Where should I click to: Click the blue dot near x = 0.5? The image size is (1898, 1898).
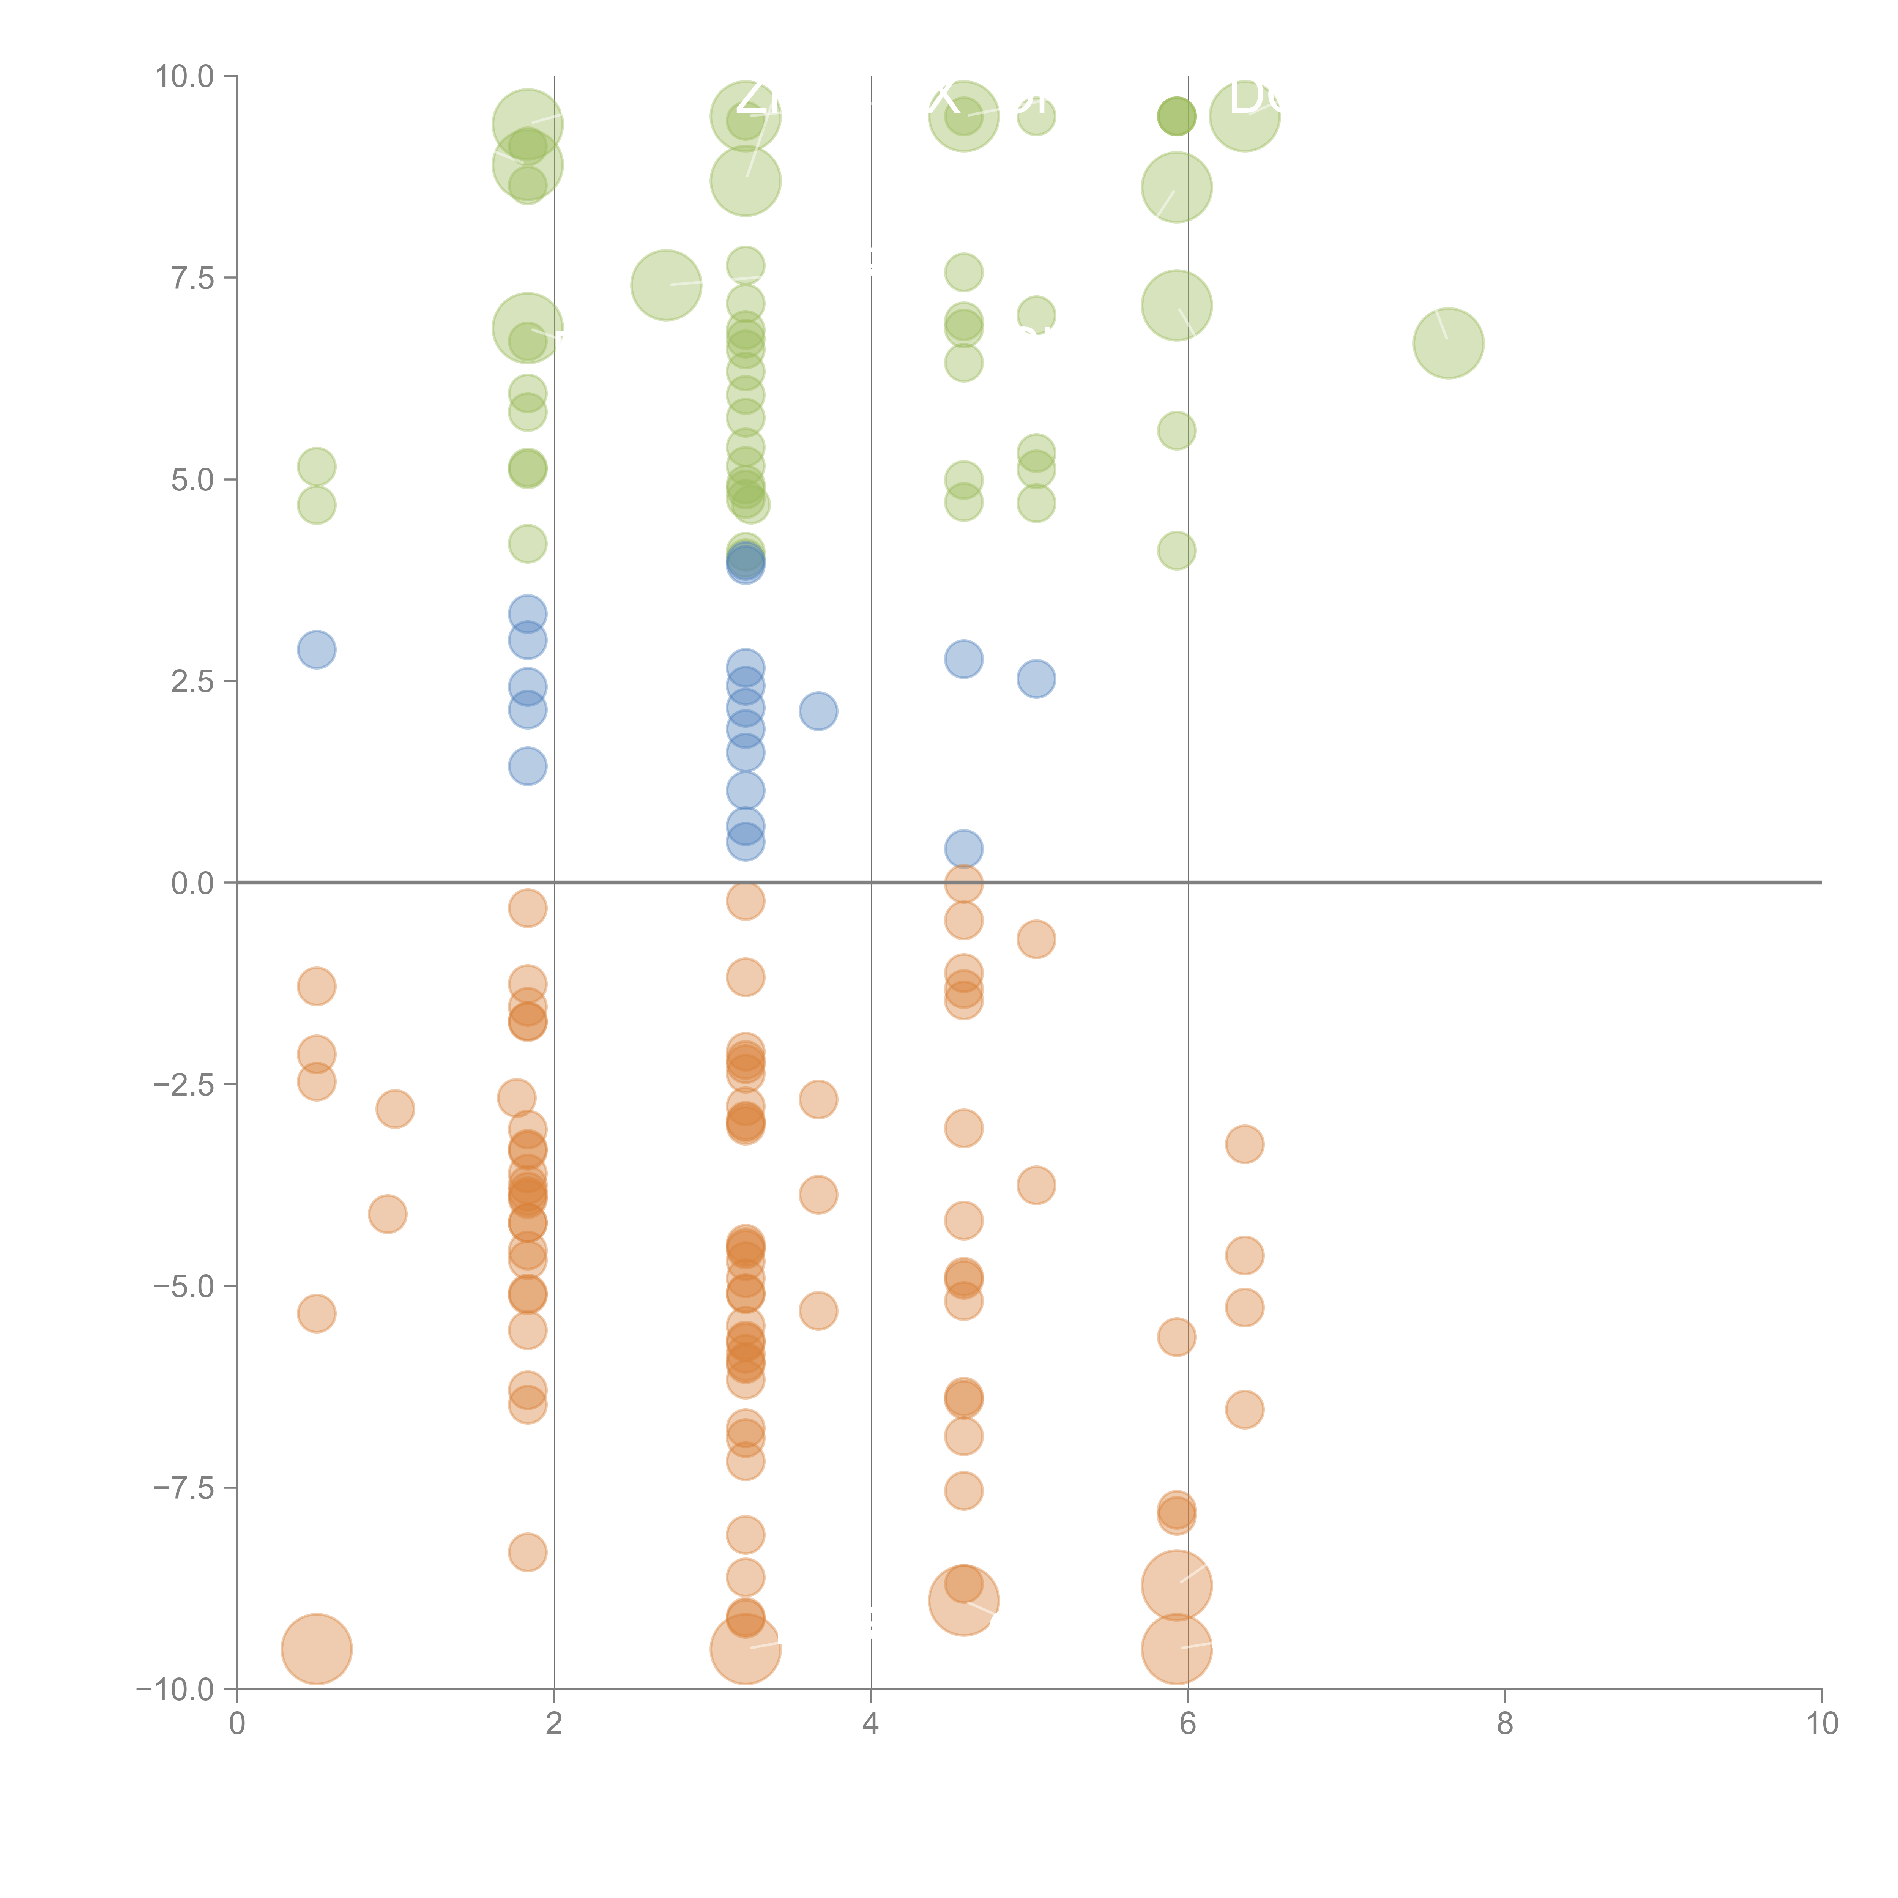click(x=316, y=649)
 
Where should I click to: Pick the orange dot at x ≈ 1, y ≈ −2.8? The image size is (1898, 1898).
click(x=395, y=1109)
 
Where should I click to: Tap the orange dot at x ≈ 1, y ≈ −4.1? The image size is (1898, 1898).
click(x=388, y=1214)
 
